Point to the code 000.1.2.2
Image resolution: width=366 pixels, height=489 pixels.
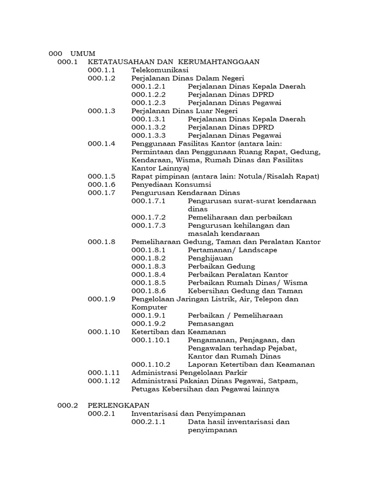tap(148, 95)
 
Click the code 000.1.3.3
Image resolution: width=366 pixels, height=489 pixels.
tap(148, 135)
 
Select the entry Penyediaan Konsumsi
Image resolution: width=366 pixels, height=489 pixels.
tap(171, 184)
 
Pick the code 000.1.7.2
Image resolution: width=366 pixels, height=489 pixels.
tap(148, 217)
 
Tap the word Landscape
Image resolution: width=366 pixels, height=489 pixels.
tap(258, 250)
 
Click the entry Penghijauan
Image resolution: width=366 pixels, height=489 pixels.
tap(210, 258)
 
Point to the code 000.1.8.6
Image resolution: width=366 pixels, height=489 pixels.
tap(148, 290)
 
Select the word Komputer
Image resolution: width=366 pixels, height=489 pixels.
tap(149, 307)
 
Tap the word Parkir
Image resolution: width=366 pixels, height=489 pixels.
tap(236, 372)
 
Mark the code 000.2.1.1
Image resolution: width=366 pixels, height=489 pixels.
tap(148, 422)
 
